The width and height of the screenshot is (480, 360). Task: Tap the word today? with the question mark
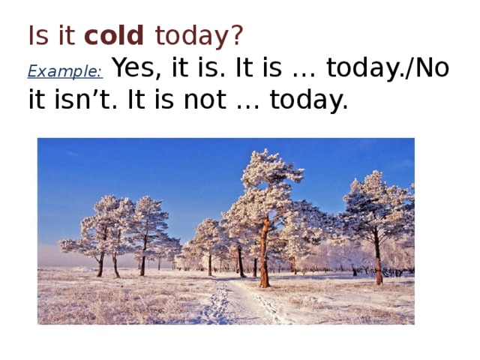(199, 35)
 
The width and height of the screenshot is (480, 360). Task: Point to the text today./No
(382, 68)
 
